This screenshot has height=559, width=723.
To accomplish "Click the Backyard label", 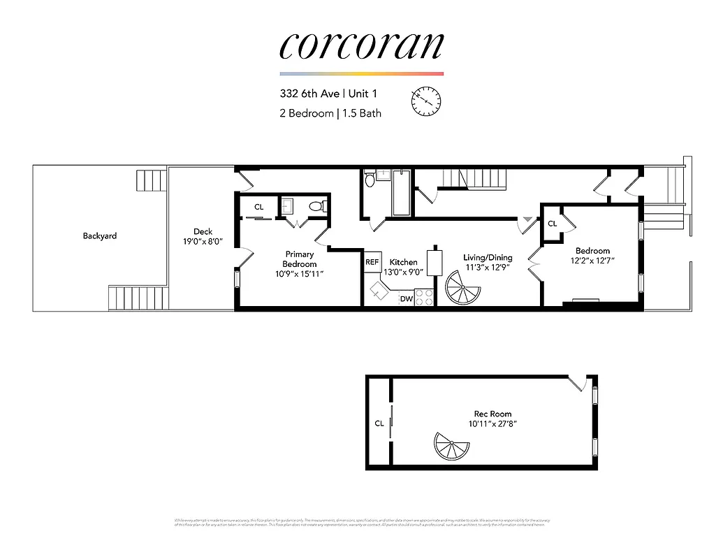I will (x=100, y=236).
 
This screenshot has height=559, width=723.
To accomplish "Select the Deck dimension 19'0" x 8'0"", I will (x=203, y=243).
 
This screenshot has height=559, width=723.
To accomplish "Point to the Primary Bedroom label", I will (x=300, y=259).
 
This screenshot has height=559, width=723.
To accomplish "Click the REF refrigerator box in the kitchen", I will (x=372, y=262).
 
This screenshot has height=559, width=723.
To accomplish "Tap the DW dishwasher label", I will (x=407, y=299).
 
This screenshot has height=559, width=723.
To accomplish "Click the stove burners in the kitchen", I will (x=425, y=298).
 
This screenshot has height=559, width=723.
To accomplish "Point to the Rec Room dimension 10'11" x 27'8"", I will (x=492, y=424).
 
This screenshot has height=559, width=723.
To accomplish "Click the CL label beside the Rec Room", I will (x=379, y=423).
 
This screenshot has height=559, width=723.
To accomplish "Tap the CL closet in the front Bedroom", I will (x=552, y=224).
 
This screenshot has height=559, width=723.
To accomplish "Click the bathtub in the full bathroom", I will (x=402, y=193).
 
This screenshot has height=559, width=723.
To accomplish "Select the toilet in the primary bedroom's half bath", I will (x=316, y=206).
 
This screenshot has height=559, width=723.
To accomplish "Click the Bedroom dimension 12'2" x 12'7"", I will (x=592, y=261).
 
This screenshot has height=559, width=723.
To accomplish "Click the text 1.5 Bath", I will (x=360, y=112).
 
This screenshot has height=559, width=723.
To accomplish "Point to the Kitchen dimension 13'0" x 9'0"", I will (x=403, y=273).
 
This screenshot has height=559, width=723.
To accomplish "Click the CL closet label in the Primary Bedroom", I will (x=258, y=207).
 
